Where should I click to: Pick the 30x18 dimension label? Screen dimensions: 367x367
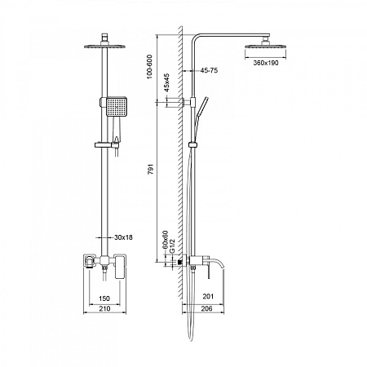[124, 237]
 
